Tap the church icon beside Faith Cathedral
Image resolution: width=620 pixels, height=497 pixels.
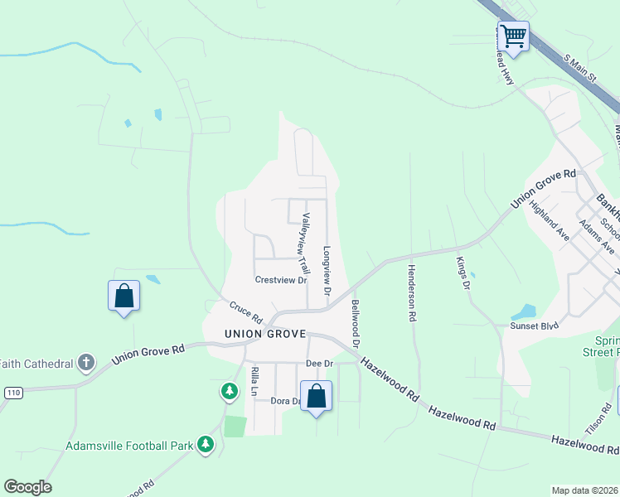tap(85, 362)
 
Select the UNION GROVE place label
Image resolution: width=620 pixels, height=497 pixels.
tap(265, 335)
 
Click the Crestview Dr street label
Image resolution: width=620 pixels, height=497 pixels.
tap(281, 280)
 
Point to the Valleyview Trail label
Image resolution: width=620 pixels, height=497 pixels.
tap(304, 244)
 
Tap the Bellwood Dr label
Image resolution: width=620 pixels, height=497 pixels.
tap(356, 323)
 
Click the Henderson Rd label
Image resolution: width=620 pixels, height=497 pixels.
tap(410, 292)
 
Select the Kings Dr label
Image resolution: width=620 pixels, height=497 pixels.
tap(462, 273)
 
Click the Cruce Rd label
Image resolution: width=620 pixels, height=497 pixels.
tap(246, 312)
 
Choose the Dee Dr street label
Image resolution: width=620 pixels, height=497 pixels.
tap(319, 364)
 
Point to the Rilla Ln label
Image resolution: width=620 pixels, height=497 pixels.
tap(254, 381)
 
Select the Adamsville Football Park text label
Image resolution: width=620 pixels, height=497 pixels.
tap(130, 446)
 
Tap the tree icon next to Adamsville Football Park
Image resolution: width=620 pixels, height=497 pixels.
tap(206, 445)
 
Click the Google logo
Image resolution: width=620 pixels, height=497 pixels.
tap(27, 487)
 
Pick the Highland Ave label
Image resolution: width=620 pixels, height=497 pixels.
tap(549, 221)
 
